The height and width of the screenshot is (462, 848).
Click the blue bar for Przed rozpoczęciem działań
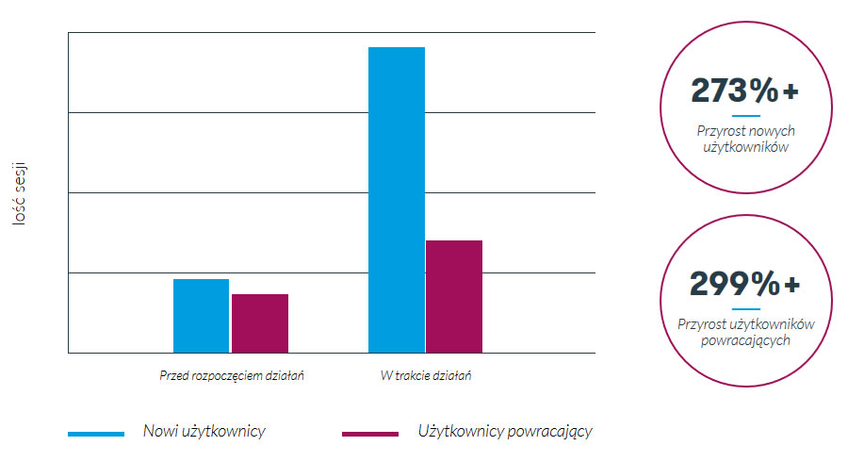(x=201, y=316)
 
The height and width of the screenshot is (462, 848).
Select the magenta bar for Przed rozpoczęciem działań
(x=260, y=323)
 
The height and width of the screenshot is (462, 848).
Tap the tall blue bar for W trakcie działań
(x=396, y=200)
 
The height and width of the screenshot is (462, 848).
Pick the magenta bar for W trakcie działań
(x=454, y=296)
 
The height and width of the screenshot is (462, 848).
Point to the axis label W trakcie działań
(x=425, y=375)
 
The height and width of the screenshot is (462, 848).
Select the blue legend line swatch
(x=96, y=434)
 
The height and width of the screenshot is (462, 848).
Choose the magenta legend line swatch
(x=369, y=434)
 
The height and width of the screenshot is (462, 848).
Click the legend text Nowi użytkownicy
(x=204, y=431)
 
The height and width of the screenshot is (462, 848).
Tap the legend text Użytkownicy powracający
(x=505, y=432)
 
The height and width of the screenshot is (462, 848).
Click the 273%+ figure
(x=744, y=91)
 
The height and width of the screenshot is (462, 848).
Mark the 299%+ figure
(x=744, y=283)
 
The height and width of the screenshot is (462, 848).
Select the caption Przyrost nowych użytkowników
(x=745, y=139)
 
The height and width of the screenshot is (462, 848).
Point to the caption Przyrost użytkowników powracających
(x=745, y=332)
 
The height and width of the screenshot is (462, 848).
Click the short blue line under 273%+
(x=745, y=116)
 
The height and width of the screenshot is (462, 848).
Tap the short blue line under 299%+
(x=745, y=308)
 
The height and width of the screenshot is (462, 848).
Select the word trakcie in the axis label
(x=418, y=375)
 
